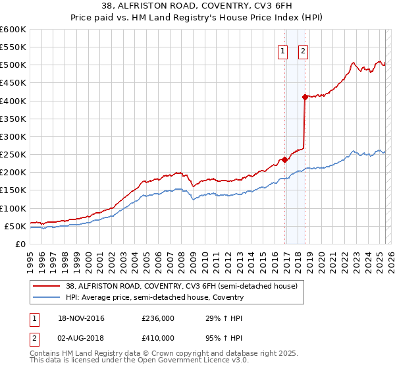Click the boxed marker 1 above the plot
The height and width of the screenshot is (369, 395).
283,51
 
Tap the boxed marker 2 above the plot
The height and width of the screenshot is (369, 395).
303,51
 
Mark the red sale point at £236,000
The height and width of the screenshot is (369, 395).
284,159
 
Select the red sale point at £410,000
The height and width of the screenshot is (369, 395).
305,97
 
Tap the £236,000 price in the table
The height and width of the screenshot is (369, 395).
158,318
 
